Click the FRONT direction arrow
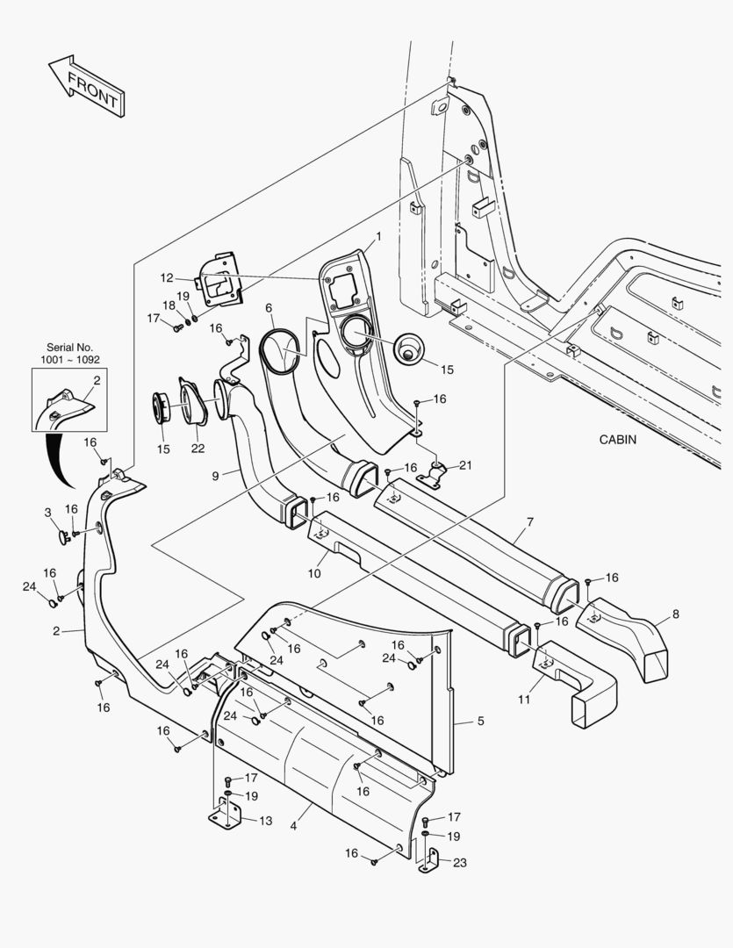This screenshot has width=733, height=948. (x=85, y=86)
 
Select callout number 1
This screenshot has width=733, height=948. (x=378, y=237)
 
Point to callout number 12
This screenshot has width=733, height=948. (x=167, y=277)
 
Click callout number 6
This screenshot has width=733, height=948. (x=269, y=308)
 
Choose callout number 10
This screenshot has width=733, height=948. (x=314, y=573)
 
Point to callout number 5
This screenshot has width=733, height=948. (x=480, y=721)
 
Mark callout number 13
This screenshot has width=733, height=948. (x=265, y=821)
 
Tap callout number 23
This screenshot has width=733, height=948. (x=459, y=862)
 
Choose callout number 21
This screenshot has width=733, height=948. (x=465, y=465)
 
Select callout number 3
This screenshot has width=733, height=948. (x=48, y=512)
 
